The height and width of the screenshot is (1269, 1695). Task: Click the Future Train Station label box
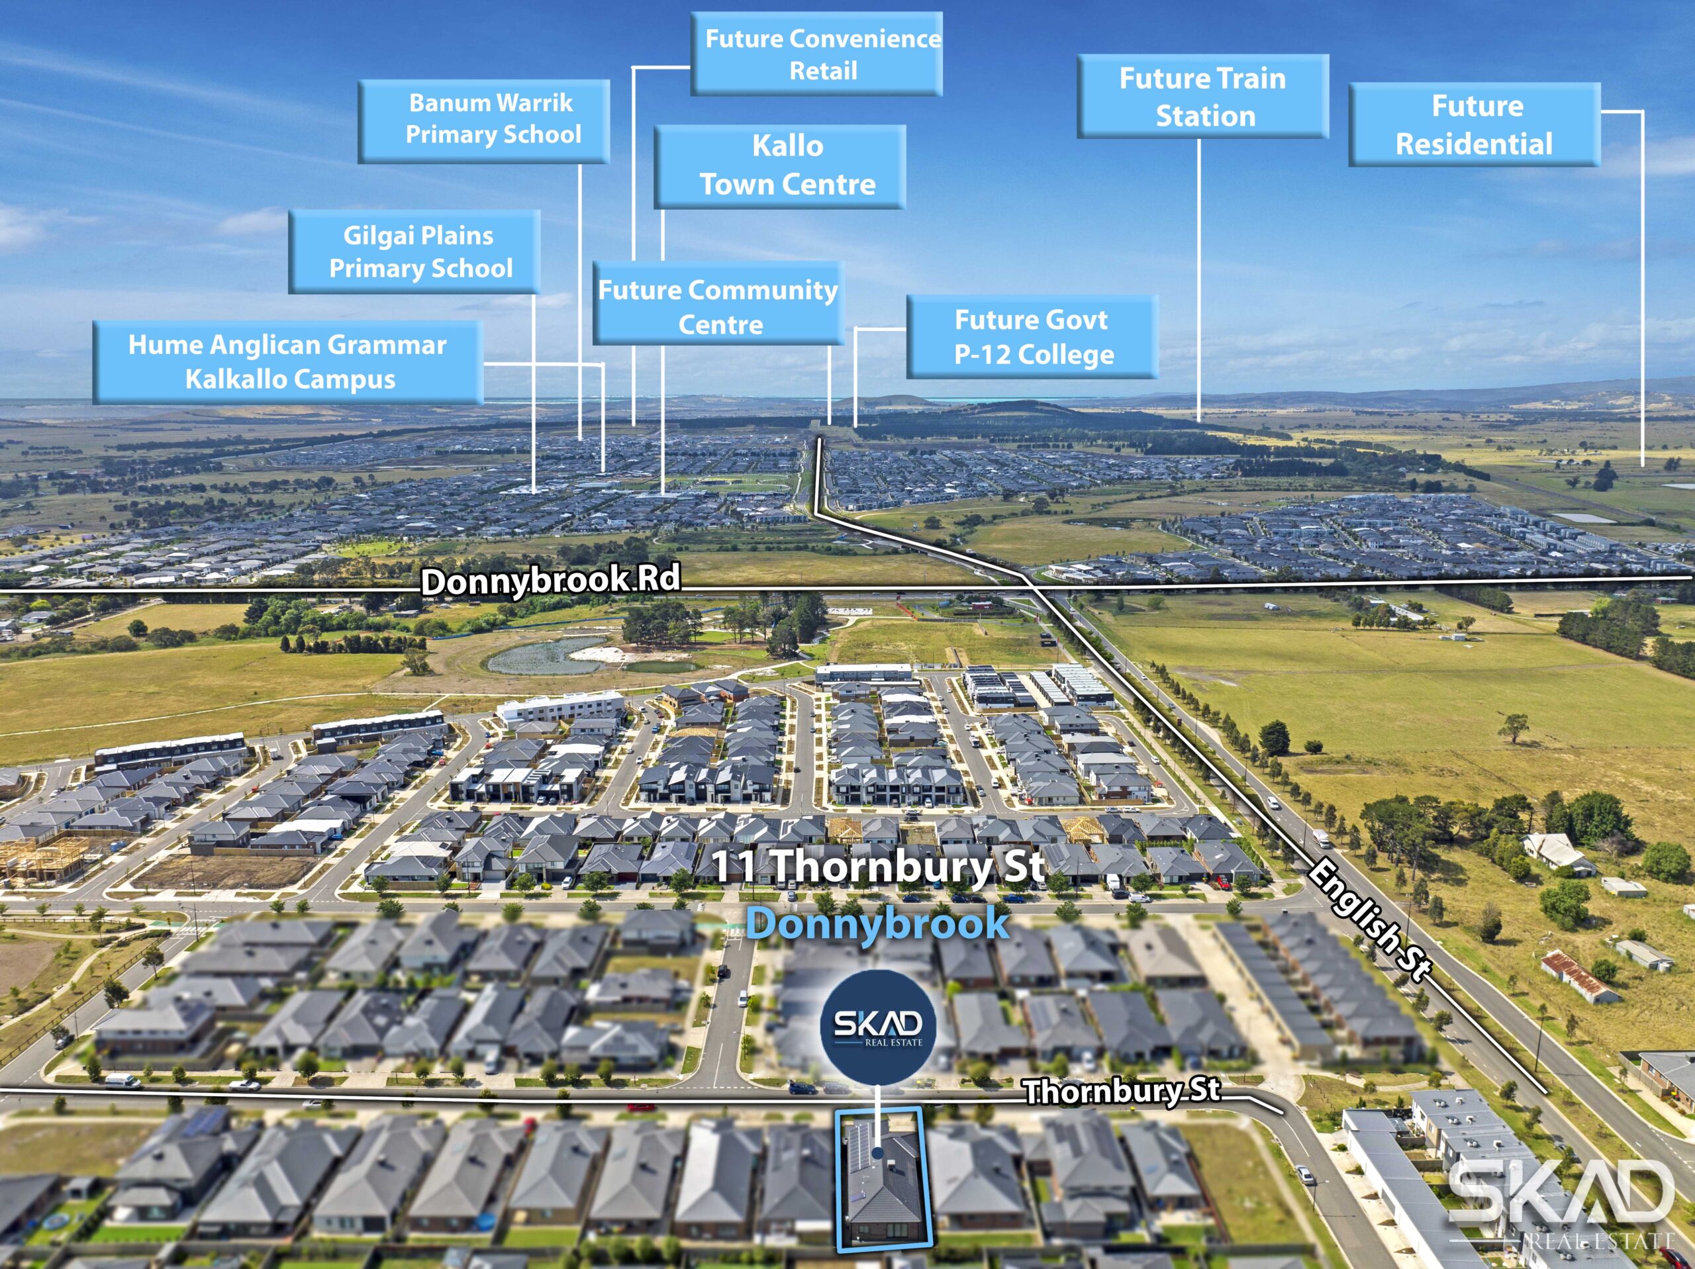pos(1202,97)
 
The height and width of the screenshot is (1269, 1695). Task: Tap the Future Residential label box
pos(1475,124)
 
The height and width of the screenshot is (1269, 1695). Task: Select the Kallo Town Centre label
pos(780,166)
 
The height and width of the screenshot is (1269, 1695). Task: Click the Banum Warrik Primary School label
pos(483,120)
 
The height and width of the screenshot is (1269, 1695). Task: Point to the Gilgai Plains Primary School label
pos(414,252)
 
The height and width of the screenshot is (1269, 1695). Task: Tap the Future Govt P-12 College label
pos(1032,336)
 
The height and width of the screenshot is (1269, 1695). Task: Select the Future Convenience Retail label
pos(817,54)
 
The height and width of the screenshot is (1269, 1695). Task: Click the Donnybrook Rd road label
pos(550,580)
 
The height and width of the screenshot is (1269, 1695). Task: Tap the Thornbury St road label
pos(1122,1090)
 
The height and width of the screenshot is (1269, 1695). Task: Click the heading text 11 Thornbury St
pos(878,866)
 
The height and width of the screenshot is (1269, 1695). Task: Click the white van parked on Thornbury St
pos(122,1081)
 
